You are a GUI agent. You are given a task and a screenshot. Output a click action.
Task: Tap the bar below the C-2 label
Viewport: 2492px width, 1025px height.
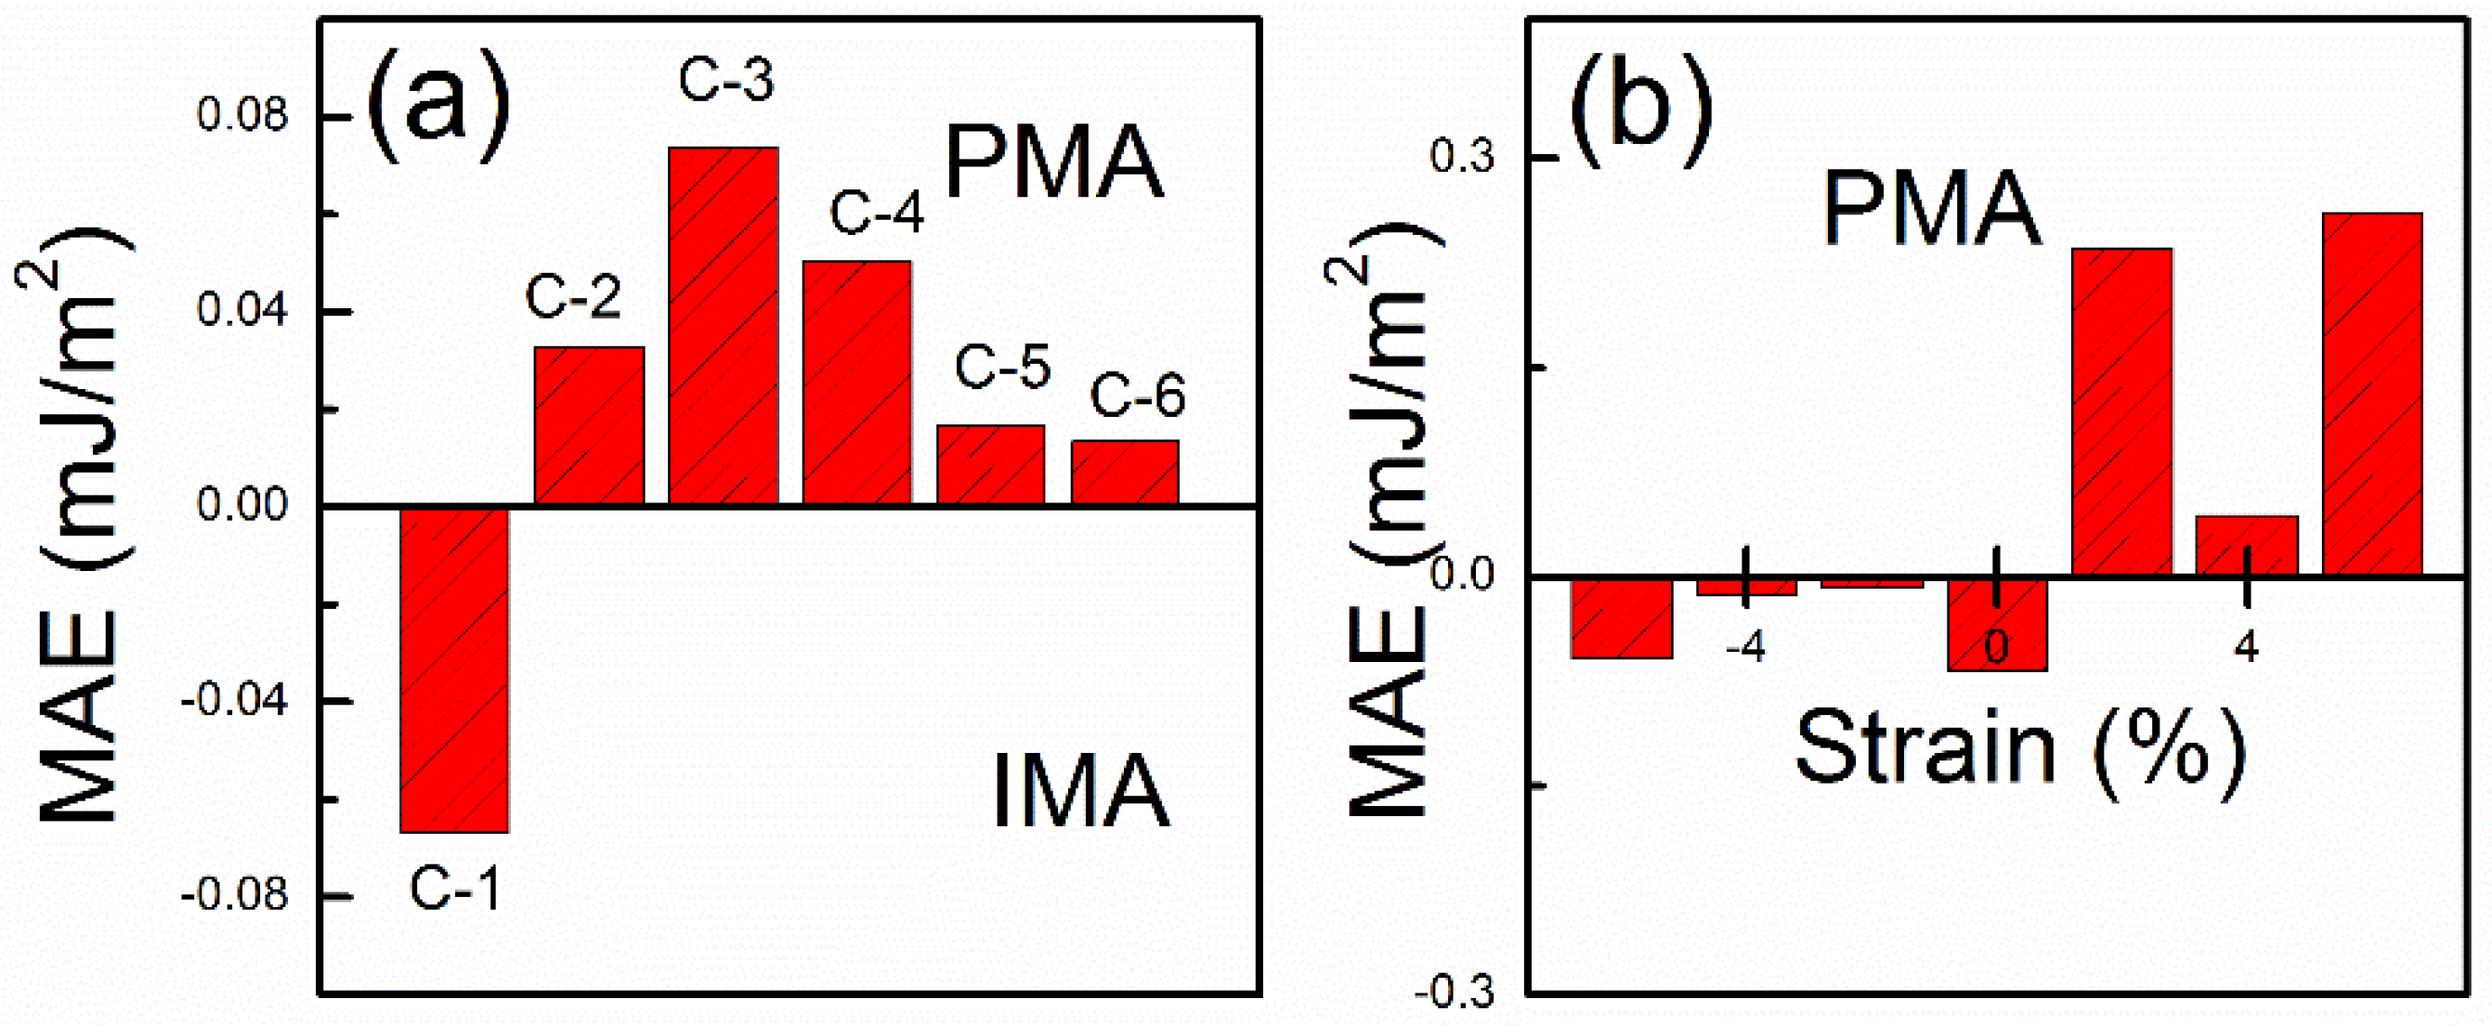pyautogui.click(x=588, y=425)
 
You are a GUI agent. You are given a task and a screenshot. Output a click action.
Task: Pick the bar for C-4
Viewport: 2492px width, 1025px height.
pyautogui.click(x=856, y=382)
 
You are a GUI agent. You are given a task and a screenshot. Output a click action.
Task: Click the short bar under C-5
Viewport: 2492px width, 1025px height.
pyautogui.click(x=989, y=464)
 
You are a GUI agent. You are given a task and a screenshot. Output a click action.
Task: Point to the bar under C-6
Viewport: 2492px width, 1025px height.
pyautogui.click(x=1124, y=472)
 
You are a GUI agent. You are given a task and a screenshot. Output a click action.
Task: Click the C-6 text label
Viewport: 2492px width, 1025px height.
pyautogui.click(x=1137, y=396)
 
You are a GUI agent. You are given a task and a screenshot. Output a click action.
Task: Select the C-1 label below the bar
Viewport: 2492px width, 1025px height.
pyautogui.click(x=455, y=888)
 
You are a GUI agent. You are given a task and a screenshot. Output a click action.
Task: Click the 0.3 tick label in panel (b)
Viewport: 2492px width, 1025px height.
pyautogui.click(x=1462, y=157)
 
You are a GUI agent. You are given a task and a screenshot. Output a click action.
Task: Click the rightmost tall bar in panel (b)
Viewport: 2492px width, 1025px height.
pyautogui.click(x=2372, y=395)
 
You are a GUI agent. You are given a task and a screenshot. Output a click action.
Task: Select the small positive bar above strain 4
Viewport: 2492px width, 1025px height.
pyautogui.click(x=2246, y=545)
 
